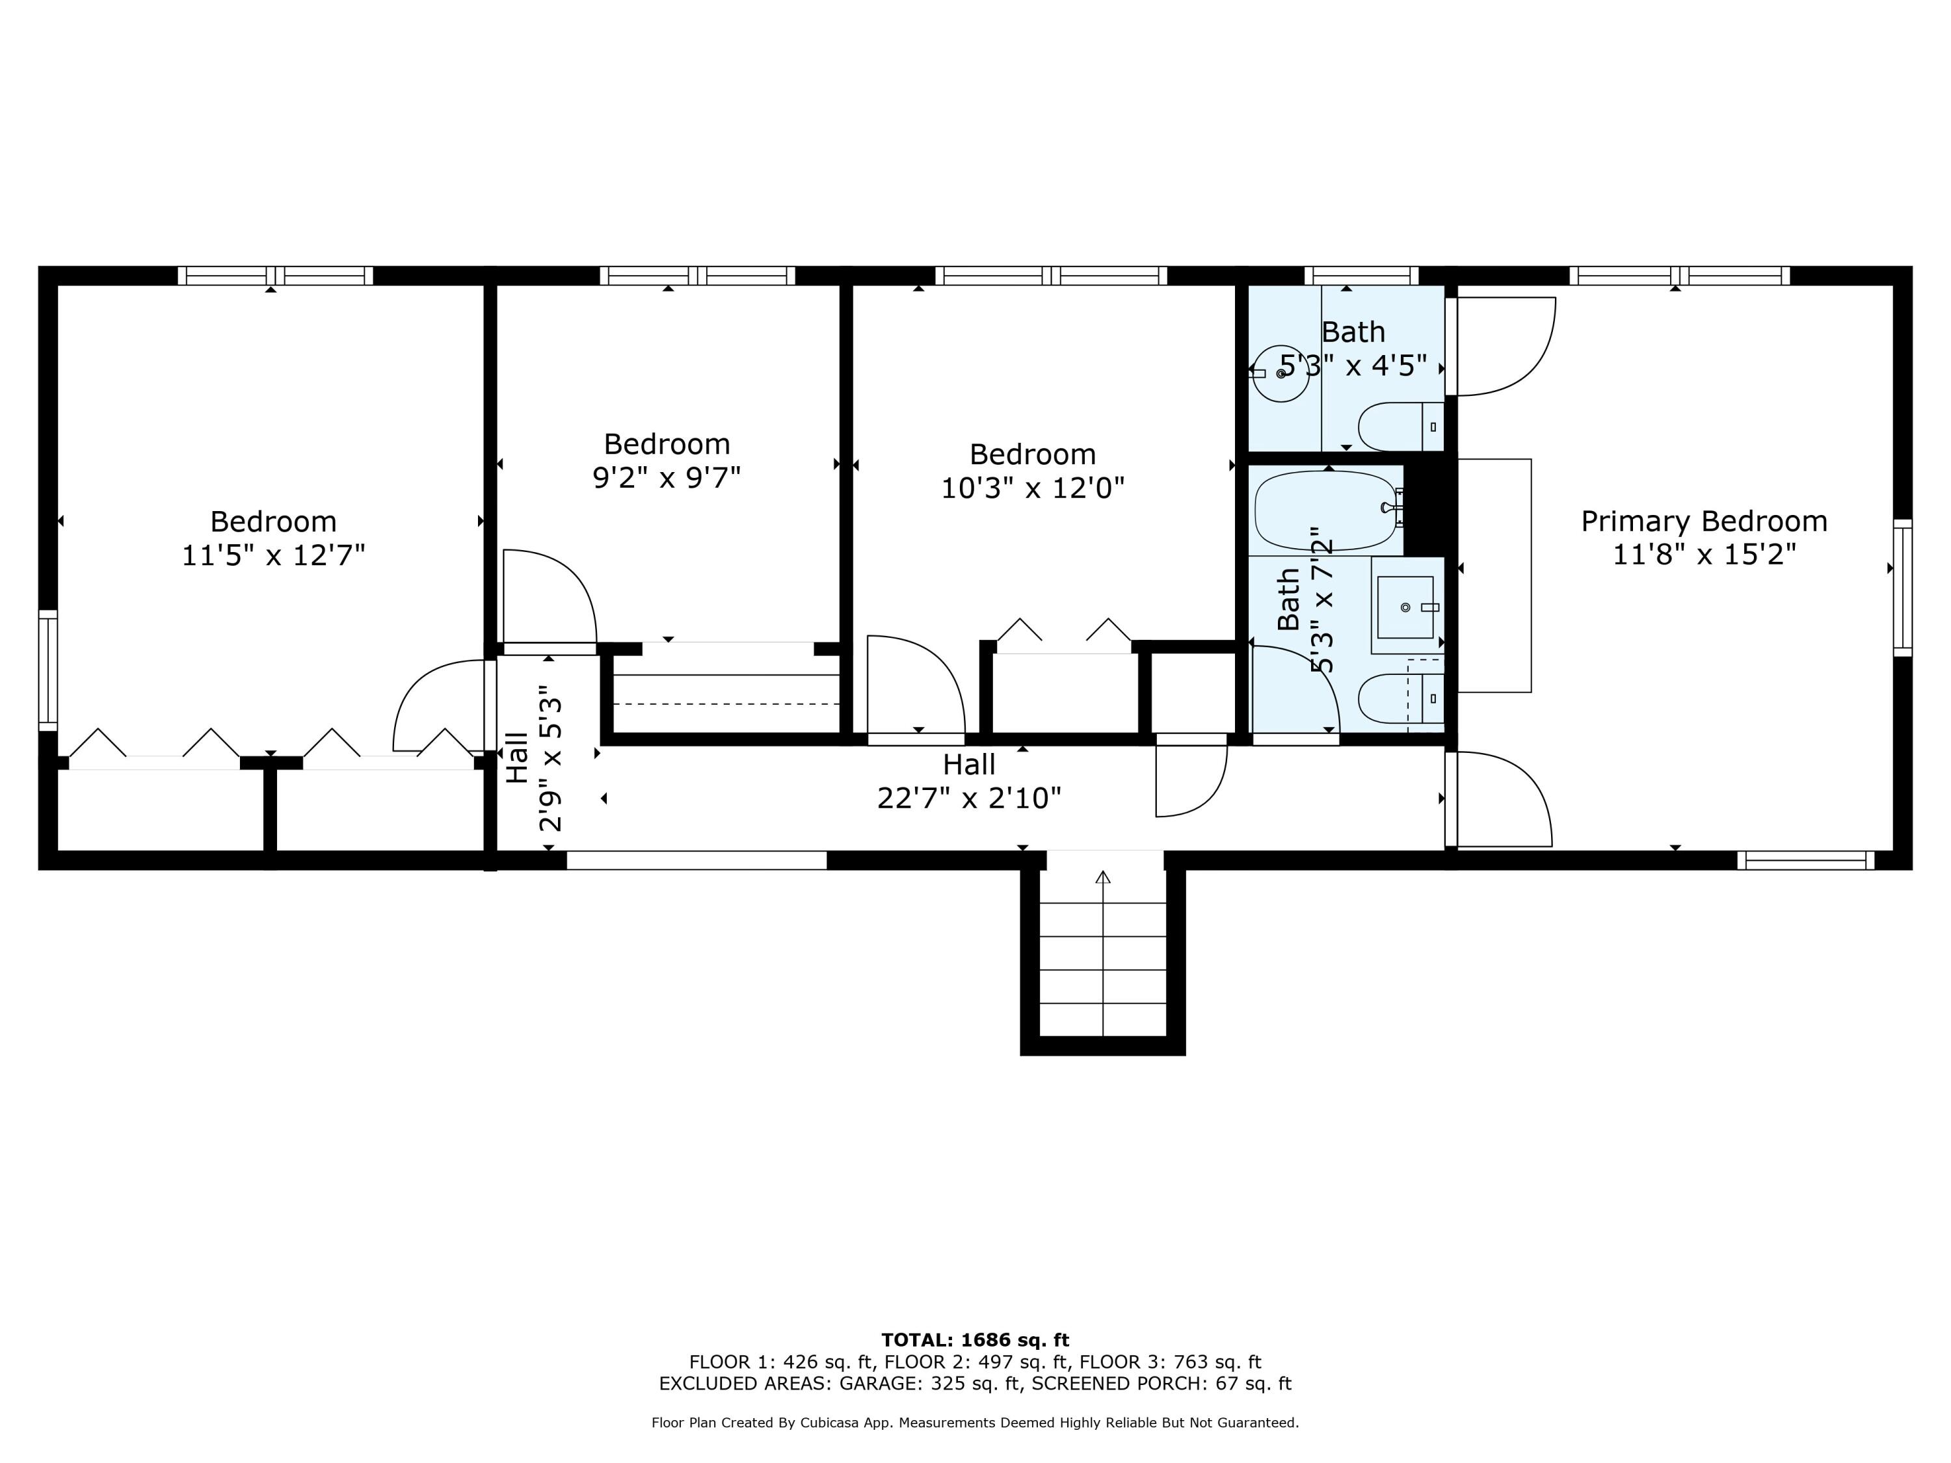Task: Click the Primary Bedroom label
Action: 1703,521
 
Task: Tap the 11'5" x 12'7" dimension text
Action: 273,555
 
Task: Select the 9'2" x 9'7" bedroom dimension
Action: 666,478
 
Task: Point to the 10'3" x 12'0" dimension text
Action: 1032,488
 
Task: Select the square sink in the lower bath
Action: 1405,607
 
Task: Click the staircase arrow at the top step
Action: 1102,877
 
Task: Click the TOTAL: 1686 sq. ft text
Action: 975,1340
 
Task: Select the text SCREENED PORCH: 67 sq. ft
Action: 1161,1384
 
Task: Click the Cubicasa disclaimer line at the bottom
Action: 975,1423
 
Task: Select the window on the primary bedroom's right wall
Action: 1902,587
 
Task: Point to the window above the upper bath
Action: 1361,275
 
